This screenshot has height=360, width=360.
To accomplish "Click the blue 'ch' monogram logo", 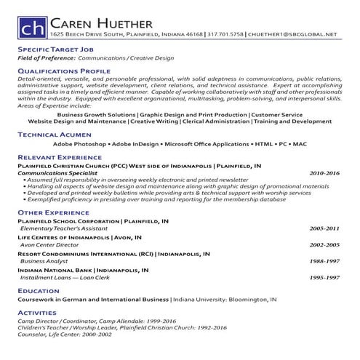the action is [x=31, y=27].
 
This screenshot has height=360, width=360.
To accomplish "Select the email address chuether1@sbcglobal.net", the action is [x=293, y=34].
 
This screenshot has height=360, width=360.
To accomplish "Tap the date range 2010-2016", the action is [x=324, y=174].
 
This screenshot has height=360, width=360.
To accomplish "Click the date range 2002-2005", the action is [x=324, y=244].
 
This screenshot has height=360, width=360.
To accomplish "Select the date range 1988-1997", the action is [x=324, y=260].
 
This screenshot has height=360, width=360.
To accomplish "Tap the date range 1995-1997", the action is [x=324, y=277].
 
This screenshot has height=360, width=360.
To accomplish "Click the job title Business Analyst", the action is [x=44, y=260].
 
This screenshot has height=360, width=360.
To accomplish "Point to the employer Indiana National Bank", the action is [x=54, y=269].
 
